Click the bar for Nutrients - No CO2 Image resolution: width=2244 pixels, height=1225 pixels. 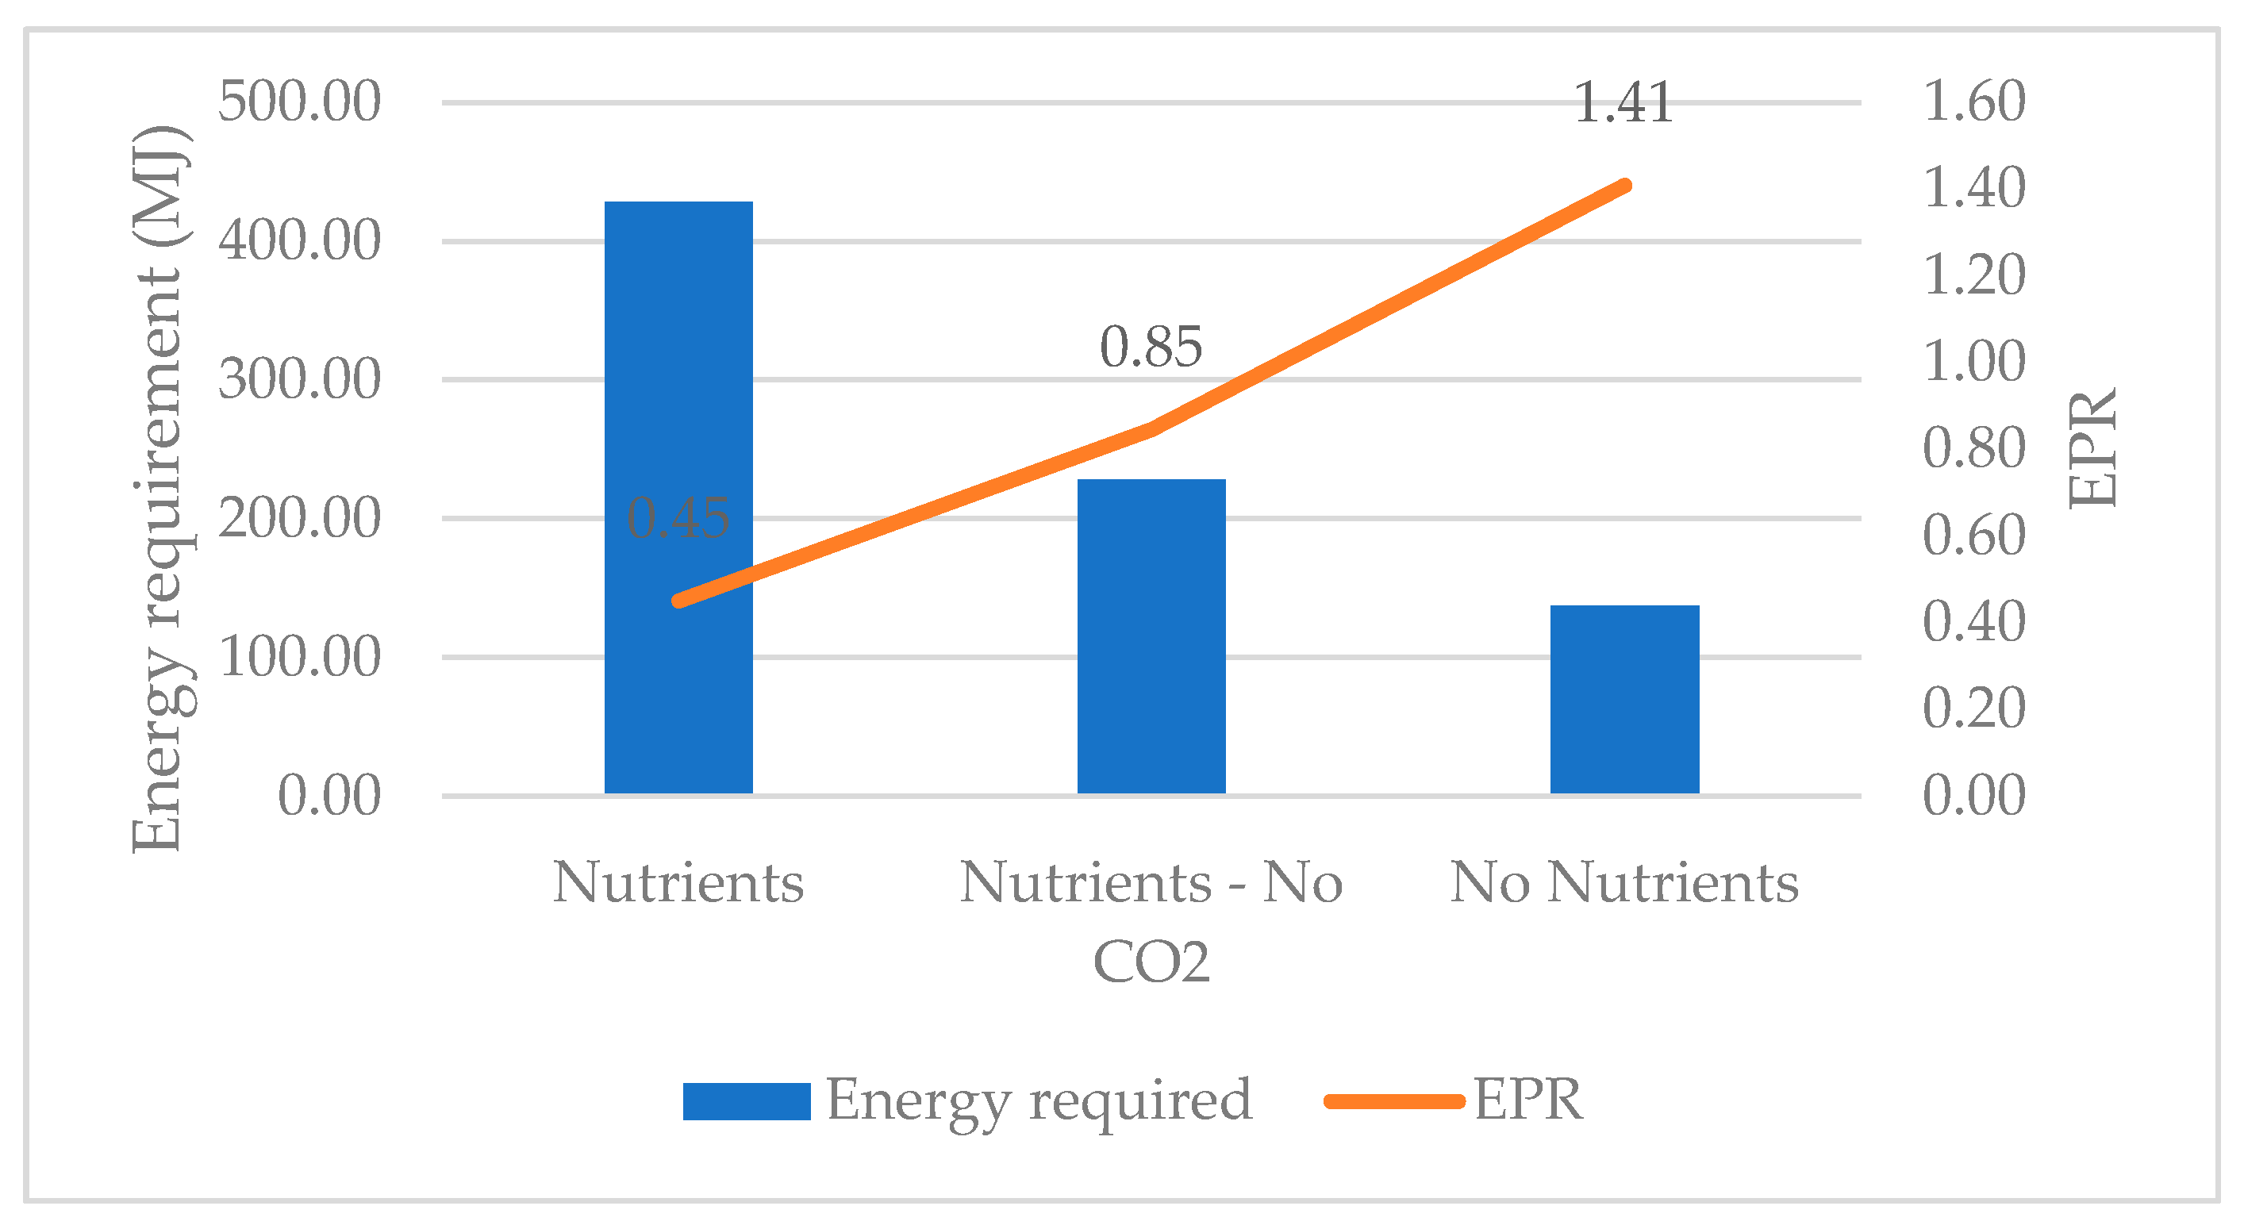1151,636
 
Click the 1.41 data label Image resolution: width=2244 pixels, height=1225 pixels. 1623,103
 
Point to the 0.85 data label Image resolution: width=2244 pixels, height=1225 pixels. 1151,347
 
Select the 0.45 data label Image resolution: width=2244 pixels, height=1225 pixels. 678,517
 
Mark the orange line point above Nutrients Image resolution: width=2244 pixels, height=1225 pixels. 678,601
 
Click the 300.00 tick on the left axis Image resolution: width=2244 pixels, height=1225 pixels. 299,379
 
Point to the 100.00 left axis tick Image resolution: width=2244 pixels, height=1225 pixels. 299,656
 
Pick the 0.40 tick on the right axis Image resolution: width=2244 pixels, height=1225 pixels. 1973,621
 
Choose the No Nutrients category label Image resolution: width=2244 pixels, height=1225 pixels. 1623,882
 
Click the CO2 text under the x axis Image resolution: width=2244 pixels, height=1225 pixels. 1151,962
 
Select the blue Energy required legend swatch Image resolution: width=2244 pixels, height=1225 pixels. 747,1101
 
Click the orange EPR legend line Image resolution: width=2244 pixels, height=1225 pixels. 1394,1101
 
